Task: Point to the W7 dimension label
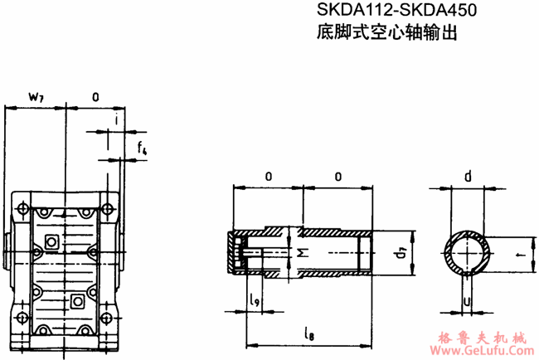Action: [36, 97]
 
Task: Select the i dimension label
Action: [116, 120]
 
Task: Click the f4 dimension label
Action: [142, 149]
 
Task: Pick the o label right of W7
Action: [95, 97]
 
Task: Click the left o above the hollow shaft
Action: [268, 177]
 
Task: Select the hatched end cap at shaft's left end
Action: [235, 251]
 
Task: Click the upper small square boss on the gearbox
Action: [51, 241]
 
